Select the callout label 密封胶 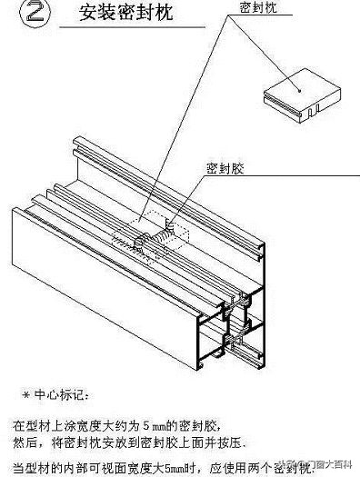pyautogui.click(x=223, y=168)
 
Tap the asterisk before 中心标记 pyautogui.click(x=25, y=395)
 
